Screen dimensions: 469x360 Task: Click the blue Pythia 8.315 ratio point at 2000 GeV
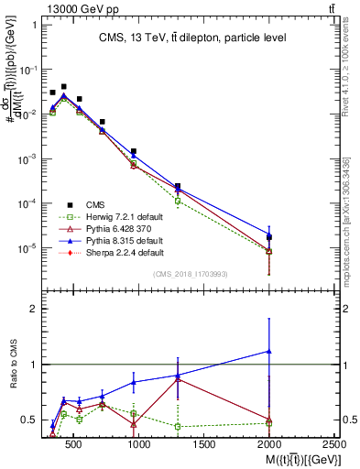click(x=268, y=351)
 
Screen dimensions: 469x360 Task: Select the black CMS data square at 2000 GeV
click(x=268, y=238)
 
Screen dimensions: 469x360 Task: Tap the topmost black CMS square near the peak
click(x=63, y=86)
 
